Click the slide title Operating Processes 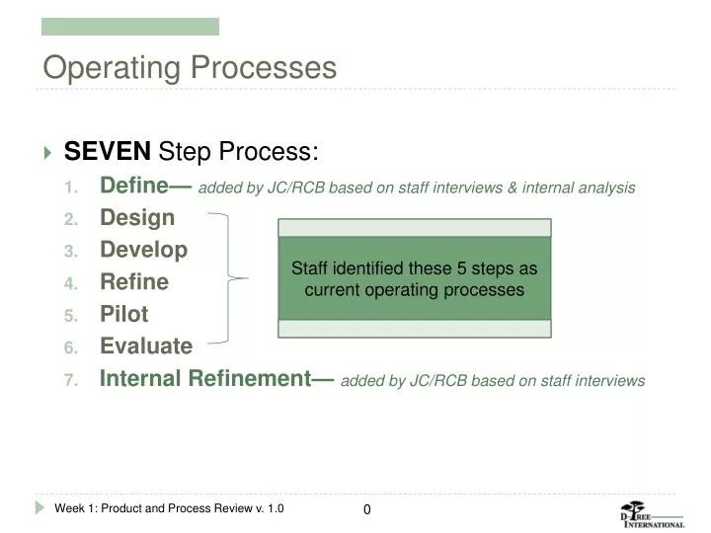(189, 68)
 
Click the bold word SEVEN (107, 152)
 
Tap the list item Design (137, 217)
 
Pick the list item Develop (143, 250)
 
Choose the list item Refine (134, 282)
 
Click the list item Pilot (124, 314)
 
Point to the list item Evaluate (146, 346)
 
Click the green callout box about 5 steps (414, 279)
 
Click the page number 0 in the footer (366, 509)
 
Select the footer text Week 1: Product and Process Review (169, 508)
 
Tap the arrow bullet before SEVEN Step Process (48, 153)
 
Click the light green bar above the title (129, 27)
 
